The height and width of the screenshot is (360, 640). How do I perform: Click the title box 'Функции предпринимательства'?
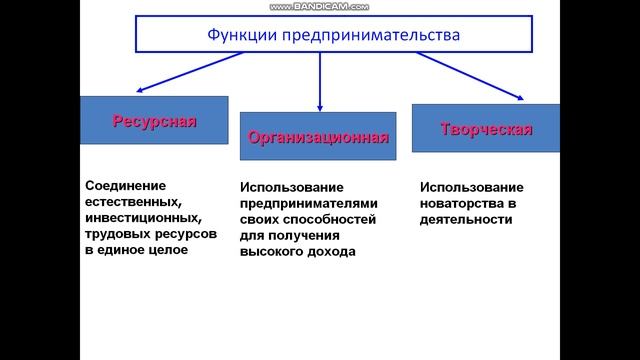tap(320, 35)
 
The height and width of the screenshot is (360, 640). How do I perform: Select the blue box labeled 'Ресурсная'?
tap(154, 121)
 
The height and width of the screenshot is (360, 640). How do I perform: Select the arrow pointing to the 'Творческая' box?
tap(470, 76)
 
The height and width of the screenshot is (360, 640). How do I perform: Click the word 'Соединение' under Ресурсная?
tap(125, 185)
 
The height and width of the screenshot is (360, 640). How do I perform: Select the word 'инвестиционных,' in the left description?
tap(136, 217)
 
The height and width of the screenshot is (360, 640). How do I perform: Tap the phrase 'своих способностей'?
tap(307, 219)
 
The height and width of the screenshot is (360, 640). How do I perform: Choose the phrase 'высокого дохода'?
tap(298, 251)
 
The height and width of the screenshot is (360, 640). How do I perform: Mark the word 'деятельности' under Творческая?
tap(460, 219)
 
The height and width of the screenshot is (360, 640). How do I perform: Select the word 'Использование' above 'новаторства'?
tap(471, 187)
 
